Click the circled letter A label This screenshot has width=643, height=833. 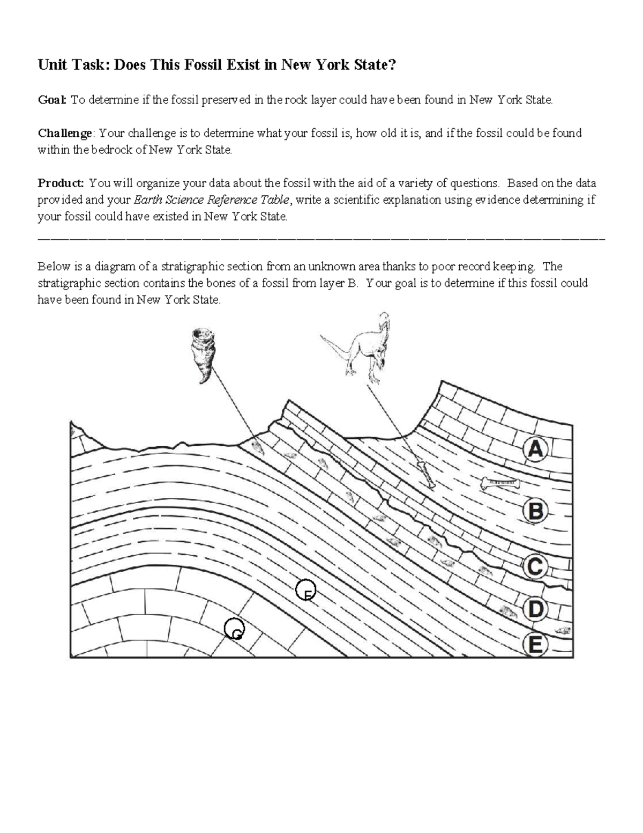coord(535,449)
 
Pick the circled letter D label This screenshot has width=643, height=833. coord(535,609)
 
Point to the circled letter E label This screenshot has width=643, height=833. coord(535,645)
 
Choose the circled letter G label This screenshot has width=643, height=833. coord(234,628)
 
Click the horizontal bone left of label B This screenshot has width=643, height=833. coord(501,483)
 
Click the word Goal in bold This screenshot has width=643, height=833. coord(52,100)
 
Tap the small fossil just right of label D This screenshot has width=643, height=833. coord(563,631)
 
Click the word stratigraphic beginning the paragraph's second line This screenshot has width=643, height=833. coord(68,283)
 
